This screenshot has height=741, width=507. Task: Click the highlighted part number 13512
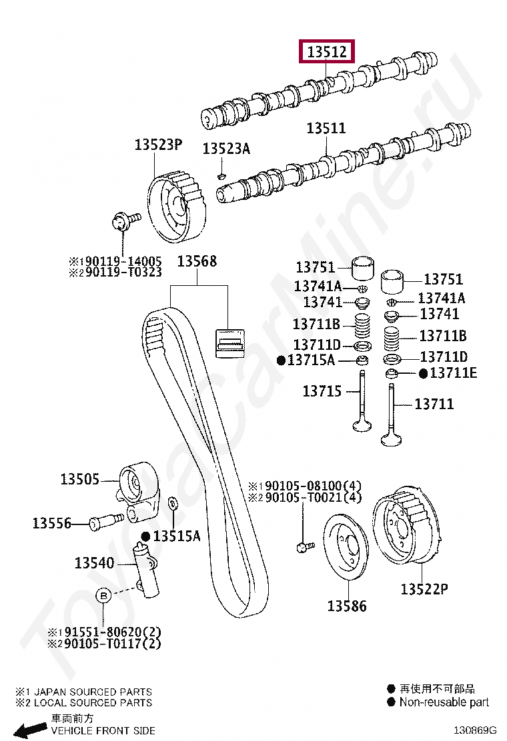(327, 51)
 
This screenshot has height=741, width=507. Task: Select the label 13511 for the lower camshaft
(326, 128)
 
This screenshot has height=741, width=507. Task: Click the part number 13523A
(226, 149)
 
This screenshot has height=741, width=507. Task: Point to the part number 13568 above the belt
(197, 261)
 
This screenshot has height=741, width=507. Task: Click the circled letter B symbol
(103, 596)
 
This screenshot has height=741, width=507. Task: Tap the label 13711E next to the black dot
(453, 373)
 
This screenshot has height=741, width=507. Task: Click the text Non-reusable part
(444, 702)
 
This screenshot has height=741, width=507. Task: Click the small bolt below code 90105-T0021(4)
(305, 546)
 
